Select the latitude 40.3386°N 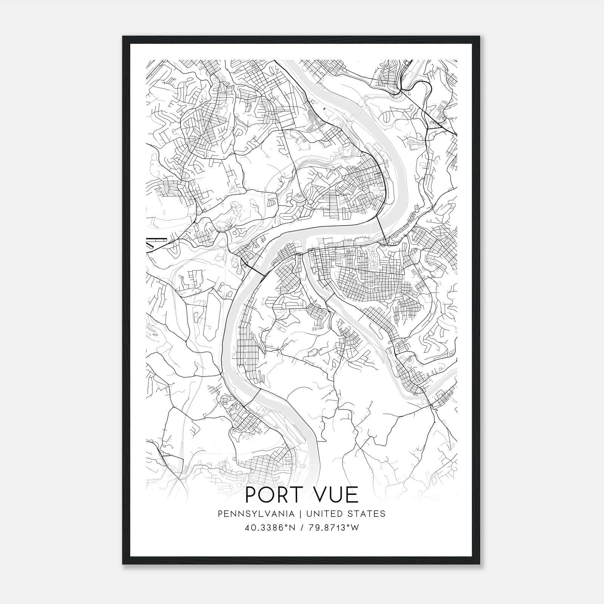(x=271, y=528)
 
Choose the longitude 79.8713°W (x=333, y=528)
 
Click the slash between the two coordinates (x=302, y=528)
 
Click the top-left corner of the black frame (x=123, y=37)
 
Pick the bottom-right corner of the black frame (x=480, y=564)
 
